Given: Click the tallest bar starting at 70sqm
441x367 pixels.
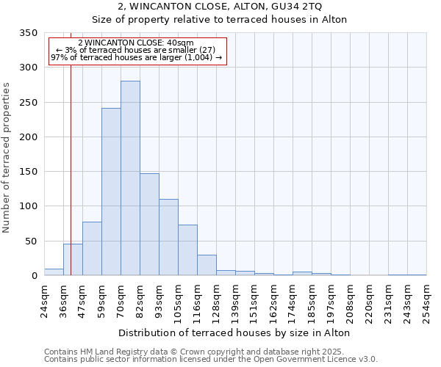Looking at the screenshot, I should (130, 178).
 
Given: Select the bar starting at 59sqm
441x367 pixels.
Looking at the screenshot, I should (111, 192).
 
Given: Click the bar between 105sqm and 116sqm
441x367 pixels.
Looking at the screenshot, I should (187, 250).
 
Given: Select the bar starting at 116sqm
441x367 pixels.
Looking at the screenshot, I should (207, 266).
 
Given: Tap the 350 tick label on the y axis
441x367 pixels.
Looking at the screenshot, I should (28, 33).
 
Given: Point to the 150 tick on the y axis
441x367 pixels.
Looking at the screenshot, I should (28, 172).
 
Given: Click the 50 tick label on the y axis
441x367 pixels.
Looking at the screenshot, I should (31, 241).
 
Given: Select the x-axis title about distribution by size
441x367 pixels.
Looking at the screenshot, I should (234, 333).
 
